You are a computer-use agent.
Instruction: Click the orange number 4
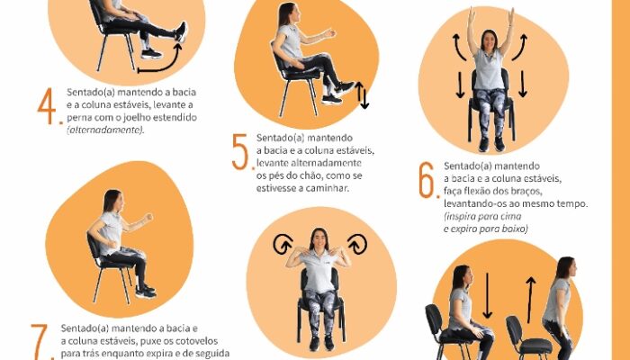click(x=46, y=105)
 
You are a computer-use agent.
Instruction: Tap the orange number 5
click(x=240, y=152)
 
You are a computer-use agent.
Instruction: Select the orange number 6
click(x=427, y=180)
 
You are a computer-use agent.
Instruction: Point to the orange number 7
click(x=40, y=341)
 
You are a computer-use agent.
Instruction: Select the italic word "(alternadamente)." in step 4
click(x=105, y=130)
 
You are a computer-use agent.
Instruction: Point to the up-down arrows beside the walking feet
click(x=362, y=94)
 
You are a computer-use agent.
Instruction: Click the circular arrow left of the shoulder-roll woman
click(x=283, y=244)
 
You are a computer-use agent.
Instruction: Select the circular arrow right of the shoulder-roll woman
click(x=357, y=244)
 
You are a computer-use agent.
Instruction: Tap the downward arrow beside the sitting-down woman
click(x=488, y=295)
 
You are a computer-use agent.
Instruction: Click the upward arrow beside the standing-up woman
click(x=531, y=300)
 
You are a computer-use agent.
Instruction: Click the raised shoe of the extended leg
click(x=181, y=32)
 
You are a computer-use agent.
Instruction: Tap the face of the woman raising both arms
click(x=489, y=41)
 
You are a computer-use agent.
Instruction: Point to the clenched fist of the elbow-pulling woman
click(x=148, y=218)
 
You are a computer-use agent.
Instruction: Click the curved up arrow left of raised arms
click(x=458, y=47)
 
